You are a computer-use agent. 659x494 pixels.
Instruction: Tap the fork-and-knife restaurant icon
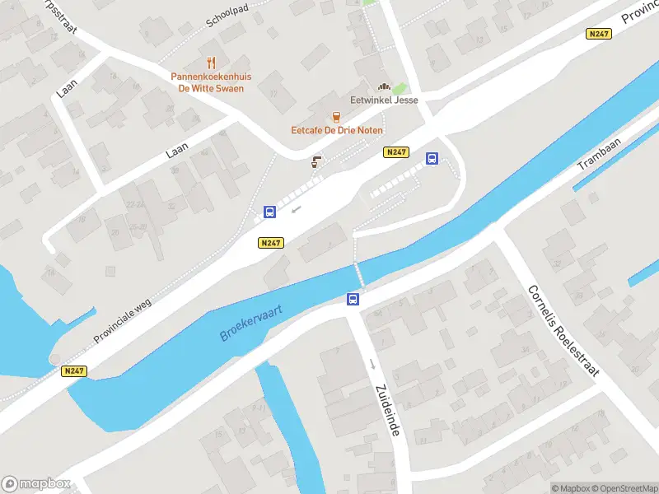click(x=211, y=63)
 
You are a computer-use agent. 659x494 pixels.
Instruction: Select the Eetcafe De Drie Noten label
click(x=336, y=130)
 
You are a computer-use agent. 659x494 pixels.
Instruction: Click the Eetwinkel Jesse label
click(x=384, y=100)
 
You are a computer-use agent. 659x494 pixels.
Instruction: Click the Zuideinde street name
click(x=386, y=410)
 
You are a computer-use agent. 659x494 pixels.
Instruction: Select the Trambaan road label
click(x=599, y=153)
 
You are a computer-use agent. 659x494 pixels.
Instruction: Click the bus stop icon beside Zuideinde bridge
click(x=353, y=300)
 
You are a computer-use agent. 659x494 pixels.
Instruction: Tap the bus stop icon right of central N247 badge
click(x=431, y=159)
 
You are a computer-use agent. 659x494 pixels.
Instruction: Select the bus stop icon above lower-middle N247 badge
click(x=269, y=212)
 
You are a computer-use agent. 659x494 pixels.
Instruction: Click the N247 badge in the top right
click(x=598, y=34)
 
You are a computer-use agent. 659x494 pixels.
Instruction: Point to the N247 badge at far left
click(x=74, y=371)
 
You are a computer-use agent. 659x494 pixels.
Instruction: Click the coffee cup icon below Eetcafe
click(x=315, y=162)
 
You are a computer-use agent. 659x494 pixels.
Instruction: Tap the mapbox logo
click(x=36, y=484)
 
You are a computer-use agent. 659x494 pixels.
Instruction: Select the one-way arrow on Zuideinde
click(x=372, y=363)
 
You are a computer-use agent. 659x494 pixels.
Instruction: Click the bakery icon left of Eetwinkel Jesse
click(x=383, y=86)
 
